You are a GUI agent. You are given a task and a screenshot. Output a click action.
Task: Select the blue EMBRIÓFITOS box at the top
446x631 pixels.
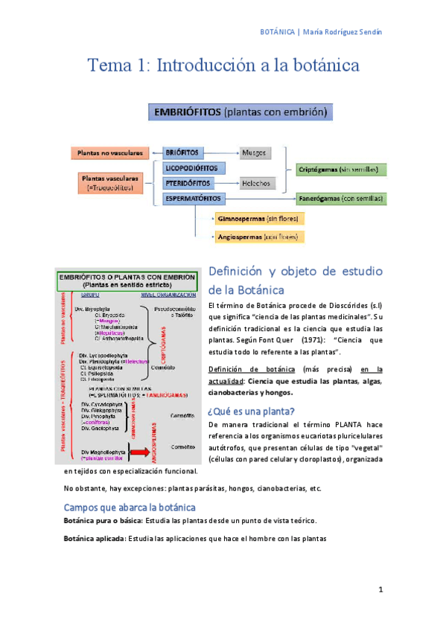pyautogui.click(x=240, y=114)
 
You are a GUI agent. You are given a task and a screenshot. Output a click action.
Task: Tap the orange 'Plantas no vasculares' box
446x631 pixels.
pyautogui.click(x=109, y=153)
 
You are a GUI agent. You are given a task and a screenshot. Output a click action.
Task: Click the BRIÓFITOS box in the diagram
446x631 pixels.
pyautogui.click(x=182, y=153)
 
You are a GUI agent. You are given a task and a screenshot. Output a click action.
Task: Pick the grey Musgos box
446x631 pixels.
pyautogui.click(x=255, y=153)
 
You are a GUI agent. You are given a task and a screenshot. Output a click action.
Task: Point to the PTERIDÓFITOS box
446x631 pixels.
pyautogui.click(x=189, y=183)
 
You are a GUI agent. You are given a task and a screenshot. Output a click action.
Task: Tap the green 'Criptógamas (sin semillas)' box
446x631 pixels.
pyautogui.click(x=342, y=170)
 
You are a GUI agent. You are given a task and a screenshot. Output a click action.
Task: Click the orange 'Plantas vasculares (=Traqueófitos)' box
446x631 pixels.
pyautogui.click(x=109, y=183)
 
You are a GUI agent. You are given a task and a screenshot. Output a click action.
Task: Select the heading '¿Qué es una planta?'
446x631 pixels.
pyautogui.click(x=251, y=411)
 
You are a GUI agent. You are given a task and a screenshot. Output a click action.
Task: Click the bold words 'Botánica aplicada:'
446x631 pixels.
pyautogui.click(x=95, y=538)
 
